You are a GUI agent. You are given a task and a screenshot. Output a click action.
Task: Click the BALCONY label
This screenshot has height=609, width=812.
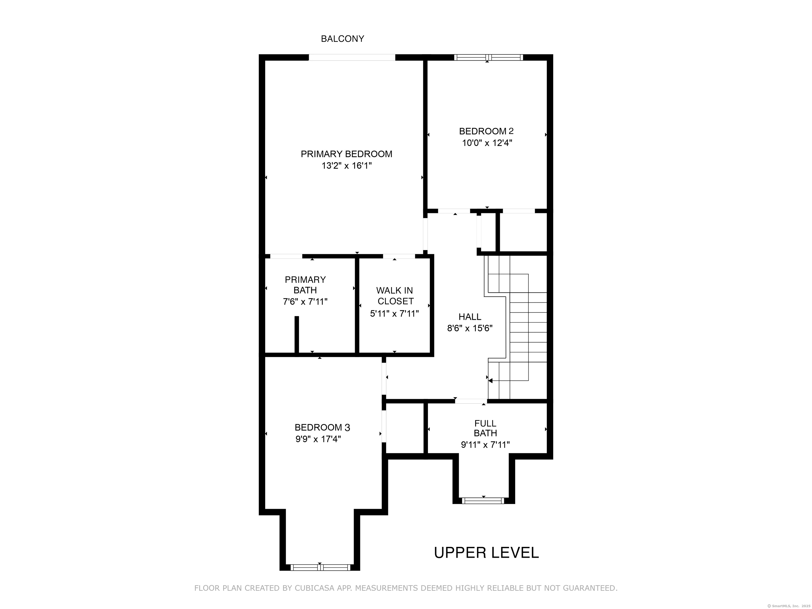(343, 39)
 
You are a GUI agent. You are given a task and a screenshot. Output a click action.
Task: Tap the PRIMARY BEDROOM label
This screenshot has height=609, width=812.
(347, 154)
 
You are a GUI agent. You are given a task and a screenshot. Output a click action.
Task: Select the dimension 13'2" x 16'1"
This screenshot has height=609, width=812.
(347, 165)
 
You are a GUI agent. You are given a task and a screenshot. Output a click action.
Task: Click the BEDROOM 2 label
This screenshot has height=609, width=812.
(486, 131)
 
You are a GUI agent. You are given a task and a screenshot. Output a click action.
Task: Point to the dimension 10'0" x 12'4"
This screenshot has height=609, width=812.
(487, 143)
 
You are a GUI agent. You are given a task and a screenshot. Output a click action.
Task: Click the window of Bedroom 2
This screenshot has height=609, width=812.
(488, 57)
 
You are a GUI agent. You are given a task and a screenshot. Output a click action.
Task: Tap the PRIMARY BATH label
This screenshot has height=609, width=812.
(305, 285)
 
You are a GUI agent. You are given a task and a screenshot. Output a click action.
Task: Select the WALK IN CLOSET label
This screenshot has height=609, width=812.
(395, 296)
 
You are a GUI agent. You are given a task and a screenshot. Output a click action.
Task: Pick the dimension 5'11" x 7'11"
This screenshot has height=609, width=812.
(395, 313)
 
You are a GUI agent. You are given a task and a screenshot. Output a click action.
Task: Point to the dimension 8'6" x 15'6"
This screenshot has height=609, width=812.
(470, 328)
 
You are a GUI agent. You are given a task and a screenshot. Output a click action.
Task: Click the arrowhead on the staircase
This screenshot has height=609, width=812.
(490, 381)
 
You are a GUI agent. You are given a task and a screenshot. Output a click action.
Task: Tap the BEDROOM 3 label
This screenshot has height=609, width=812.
(322, 427)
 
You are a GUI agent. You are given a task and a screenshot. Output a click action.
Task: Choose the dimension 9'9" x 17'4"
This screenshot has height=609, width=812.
(318, 439)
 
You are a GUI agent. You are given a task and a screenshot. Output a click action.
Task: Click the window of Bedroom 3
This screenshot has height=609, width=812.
(320, 568)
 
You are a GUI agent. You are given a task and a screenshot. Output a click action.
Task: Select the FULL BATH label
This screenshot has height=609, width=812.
(485, 428)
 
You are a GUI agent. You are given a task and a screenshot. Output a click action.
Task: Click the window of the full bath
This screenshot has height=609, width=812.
(483, 501)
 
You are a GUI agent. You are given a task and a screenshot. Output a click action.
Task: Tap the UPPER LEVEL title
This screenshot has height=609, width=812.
(486, 552)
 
